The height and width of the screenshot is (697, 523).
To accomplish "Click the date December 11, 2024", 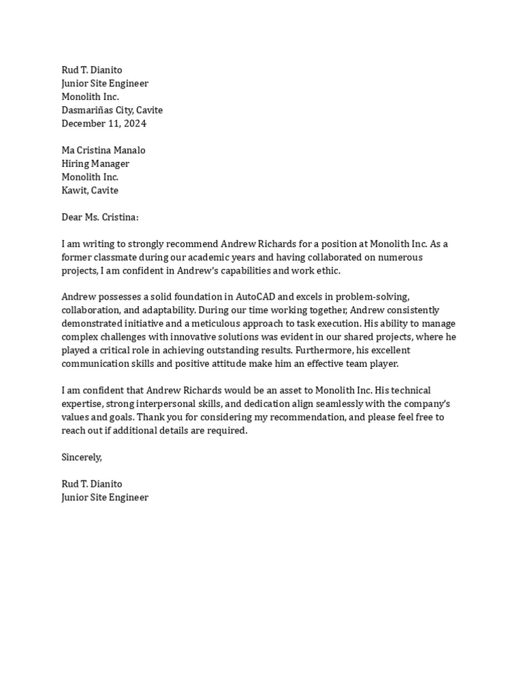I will click(x=104, y=124).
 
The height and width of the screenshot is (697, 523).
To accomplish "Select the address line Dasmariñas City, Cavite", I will click(x=112, y=110).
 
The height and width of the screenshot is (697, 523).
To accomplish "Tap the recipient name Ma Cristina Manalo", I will click(x=104, y=150).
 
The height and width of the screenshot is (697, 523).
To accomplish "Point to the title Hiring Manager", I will click(x=95, y=164).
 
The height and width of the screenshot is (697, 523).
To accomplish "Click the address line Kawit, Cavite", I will click(x=90, y=191).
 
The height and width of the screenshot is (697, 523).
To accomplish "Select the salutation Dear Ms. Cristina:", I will click(x=99, y=217).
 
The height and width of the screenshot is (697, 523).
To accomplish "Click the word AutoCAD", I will click(x=255, y=297).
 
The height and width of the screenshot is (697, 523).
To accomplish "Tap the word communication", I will click(x=93, y=364).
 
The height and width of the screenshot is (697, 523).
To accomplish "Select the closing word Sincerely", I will click(x=81, y=457).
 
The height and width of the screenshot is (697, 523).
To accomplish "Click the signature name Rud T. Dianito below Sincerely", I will click(x=92, y=484).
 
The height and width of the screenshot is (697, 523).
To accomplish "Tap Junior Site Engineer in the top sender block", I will click(x=105, y=84).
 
